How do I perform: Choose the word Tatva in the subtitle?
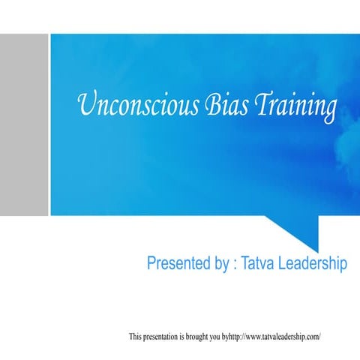pos(259,264)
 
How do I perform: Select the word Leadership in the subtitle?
pos(313,265)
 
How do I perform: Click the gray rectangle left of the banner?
pos(23,124)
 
